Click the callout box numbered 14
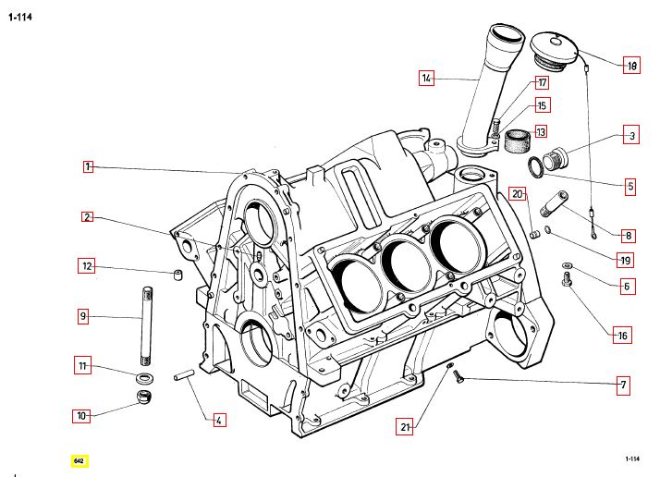pyautogui.click(x=426, y=79)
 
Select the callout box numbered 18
pyautogui.click(x=631, y=66)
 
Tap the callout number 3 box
pyautogui.click(x=631, y=136)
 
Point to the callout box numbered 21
pyautogui.click(x=405, y=427)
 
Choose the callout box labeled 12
pyautogui.click(x=87, y=267)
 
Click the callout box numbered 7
pyautogui.click(x=623, y=383)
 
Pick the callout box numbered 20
pyautogui.click(x=518, y=194)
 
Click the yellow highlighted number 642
pyautogui.click(x=79, y=459)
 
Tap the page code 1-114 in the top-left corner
pyautogui.click(x=21, y=17)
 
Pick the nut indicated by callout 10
pyautogui.click(x=145, y=398)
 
